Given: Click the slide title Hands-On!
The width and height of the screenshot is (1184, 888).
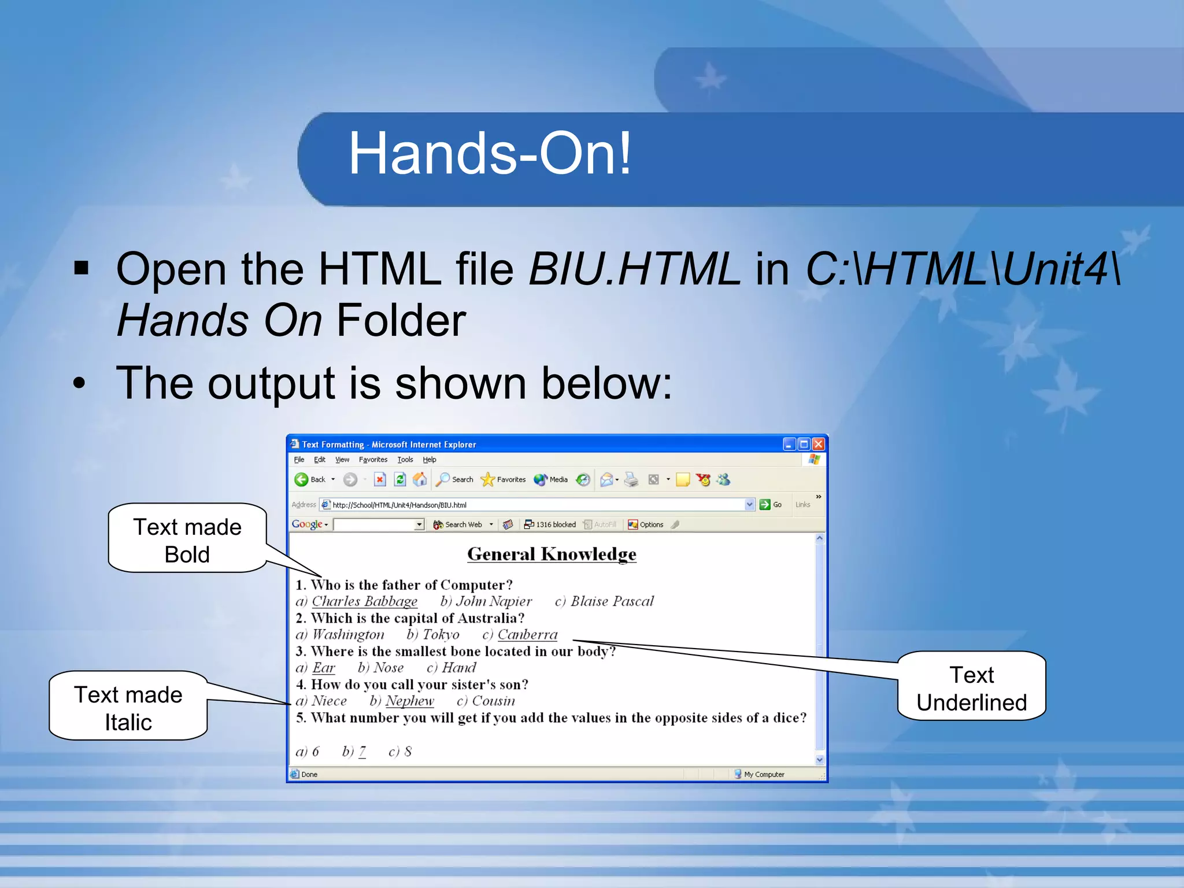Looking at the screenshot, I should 490,154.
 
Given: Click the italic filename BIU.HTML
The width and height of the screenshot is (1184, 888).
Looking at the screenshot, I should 634,269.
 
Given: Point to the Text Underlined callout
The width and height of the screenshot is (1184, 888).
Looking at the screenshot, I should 971,687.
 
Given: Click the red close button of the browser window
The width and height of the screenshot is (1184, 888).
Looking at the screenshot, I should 818,444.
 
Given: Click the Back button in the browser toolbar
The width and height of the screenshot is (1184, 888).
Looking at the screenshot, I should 310,479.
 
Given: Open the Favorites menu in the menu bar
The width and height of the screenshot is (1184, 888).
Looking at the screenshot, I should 373,460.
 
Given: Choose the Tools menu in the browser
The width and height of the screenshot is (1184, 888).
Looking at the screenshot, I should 405,460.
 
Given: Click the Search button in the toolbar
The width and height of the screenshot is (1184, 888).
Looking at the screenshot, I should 455,479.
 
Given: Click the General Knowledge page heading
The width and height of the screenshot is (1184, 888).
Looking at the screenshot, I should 552,554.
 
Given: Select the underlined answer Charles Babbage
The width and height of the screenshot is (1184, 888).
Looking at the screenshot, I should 364,601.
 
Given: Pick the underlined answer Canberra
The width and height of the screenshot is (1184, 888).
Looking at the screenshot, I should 527,635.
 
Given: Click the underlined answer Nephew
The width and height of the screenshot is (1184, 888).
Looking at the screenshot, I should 409,701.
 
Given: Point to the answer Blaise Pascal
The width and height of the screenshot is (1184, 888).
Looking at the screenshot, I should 612,601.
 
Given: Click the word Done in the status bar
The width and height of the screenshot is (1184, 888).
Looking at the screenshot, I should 309,774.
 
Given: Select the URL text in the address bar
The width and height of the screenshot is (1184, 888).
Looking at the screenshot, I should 399,505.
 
